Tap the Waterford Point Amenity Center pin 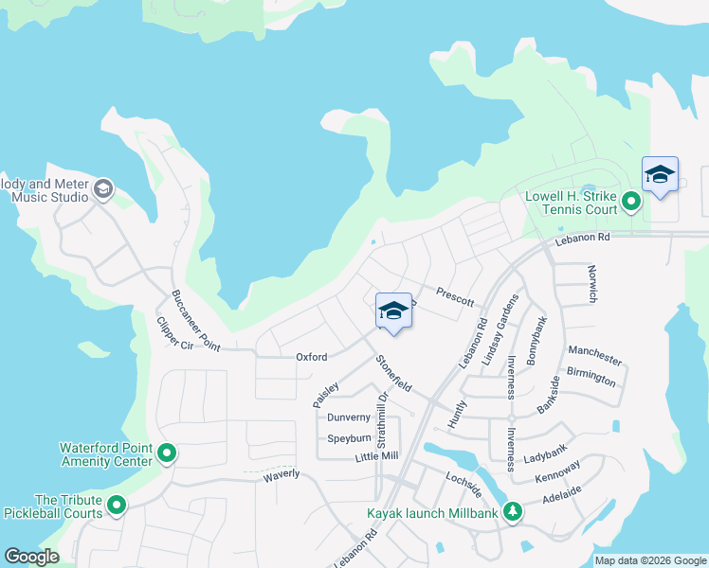point(167,454)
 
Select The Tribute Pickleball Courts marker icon point(117,506)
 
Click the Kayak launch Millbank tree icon point(513,510)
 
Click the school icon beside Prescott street point(393,312)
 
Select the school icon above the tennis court point(660,174)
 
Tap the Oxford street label point(311,357)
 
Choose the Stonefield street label point(394,374)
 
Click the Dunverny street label point(348,417)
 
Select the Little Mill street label point(376,456)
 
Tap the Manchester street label point(594,356)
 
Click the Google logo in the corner point(31,557)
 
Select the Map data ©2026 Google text point(649,560)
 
